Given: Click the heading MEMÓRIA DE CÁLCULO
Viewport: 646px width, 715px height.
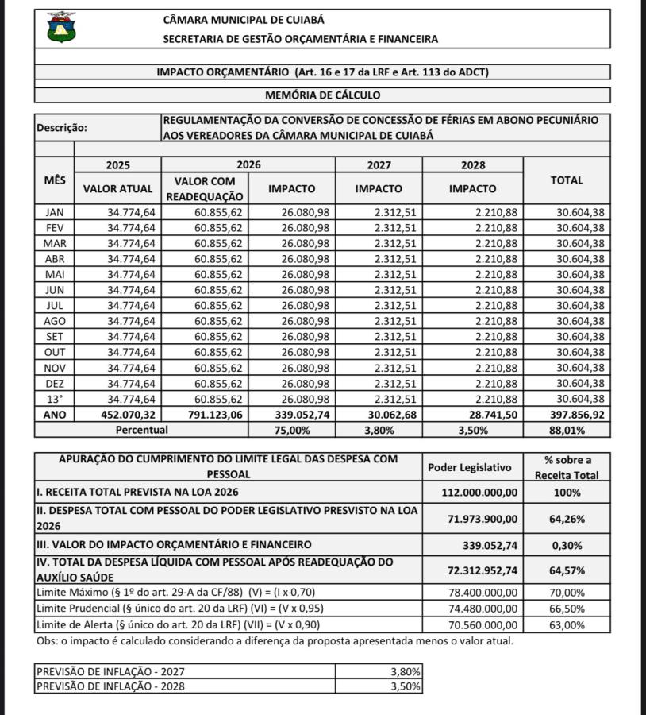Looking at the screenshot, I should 322,95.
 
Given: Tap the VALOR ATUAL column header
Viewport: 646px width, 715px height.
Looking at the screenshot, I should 117,189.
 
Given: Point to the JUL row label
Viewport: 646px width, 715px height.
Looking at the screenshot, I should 55,305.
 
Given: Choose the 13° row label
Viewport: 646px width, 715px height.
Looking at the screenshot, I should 55,399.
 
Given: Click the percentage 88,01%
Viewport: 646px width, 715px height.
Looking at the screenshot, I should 567,430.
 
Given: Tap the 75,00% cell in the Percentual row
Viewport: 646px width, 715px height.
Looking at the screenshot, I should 291,430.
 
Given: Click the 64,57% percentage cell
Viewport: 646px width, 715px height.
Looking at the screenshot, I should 567,570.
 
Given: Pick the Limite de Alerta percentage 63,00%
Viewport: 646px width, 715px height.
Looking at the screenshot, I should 567,624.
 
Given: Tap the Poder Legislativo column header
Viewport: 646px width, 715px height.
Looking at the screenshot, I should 470,467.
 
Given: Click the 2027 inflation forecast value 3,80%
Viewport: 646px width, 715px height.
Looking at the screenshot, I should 406,671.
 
